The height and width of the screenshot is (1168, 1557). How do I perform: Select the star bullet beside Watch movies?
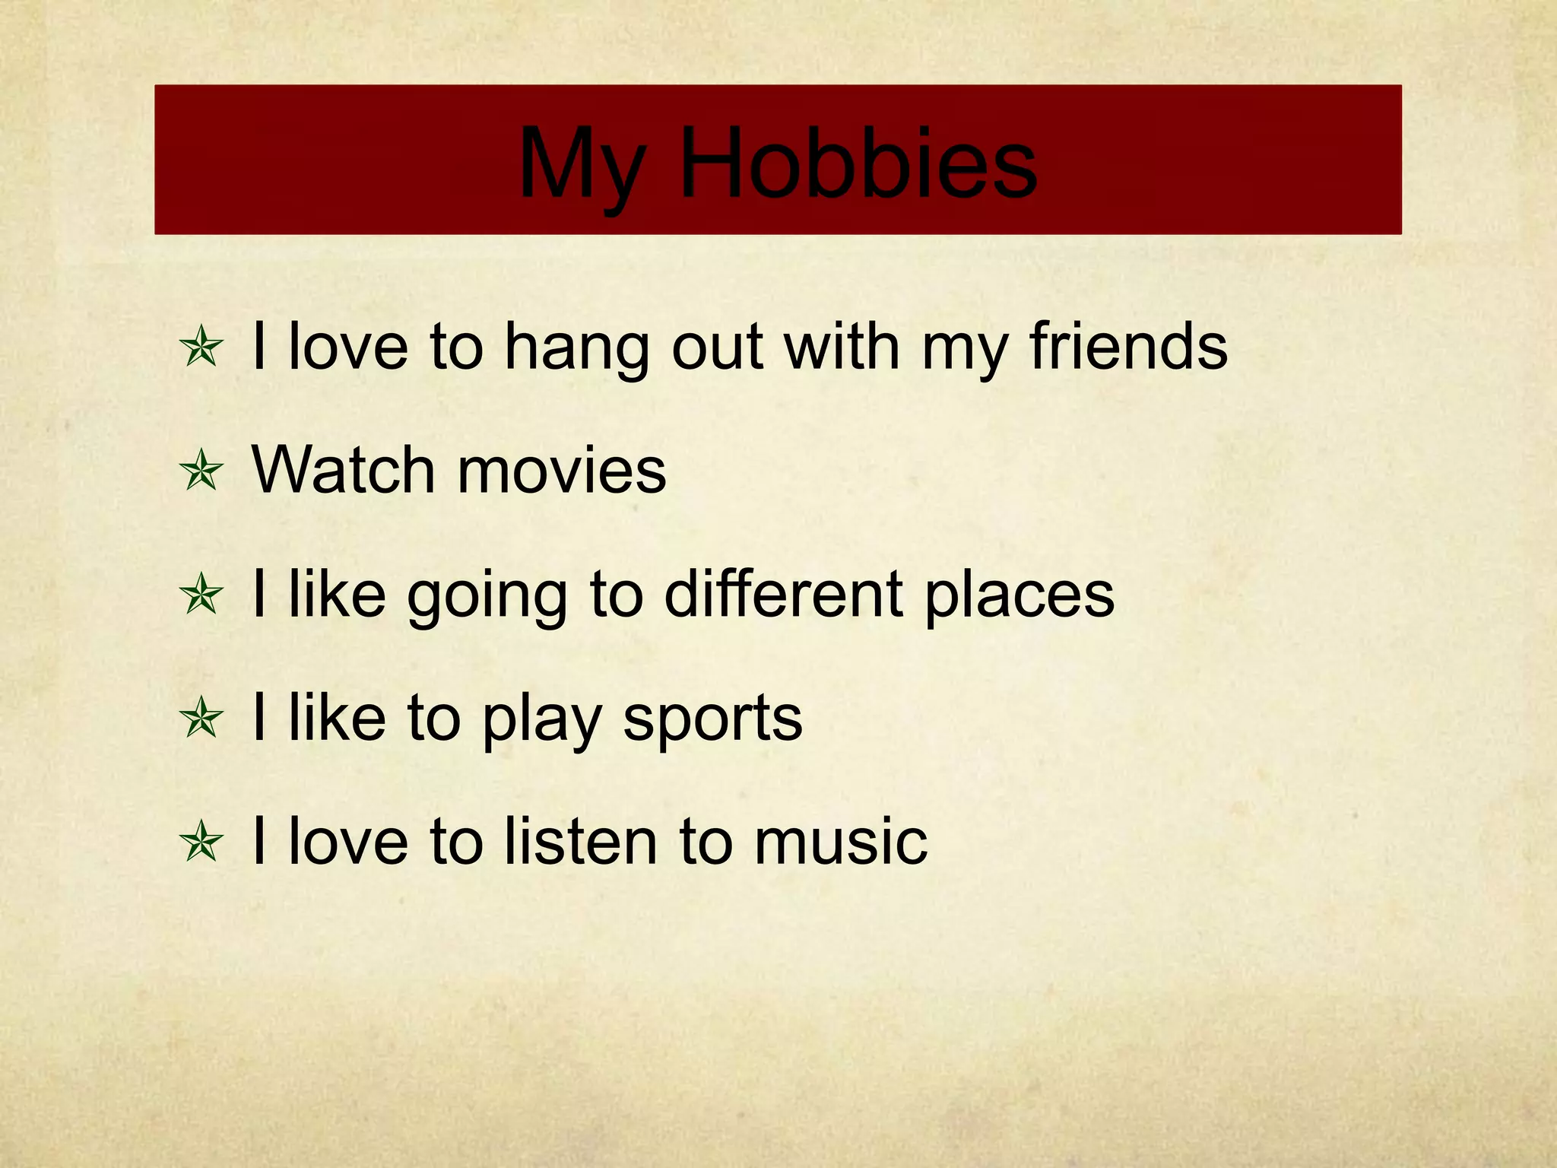pyautogui.click(x=201, y=471)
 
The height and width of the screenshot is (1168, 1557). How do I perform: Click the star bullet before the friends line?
pyautogui.click(x=201, y=348)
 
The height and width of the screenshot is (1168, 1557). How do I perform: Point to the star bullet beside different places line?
pyautogui.click(x=201, y=595)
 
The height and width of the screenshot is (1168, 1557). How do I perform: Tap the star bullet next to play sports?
pyautogui.click(x=201, y=719)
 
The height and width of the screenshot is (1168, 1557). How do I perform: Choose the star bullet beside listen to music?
pyautogui.click(x=201, y=843)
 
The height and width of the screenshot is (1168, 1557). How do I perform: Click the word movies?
pyautogui.click(x=562, y=471)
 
